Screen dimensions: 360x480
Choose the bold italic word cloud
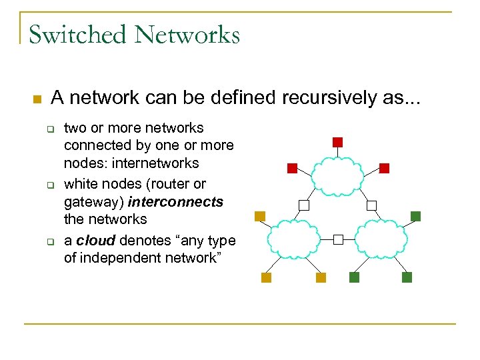[95, 240]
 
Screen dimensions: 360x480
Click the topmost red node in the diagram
[337, 142]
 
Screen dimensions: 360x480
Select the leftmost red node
[292, 168]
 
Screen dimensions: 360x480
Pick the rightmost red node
[384, 168]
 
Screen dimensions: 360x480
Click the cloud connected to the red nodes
[337, 175]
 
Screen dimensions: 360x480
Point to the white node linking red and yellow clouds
[304, 205]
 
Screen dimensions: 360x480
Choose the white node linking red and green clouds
[372, 205]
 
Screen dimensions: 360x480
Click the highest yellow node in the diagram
[260, 216]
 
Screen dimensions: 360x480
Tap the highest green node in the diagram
[416, 216]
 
